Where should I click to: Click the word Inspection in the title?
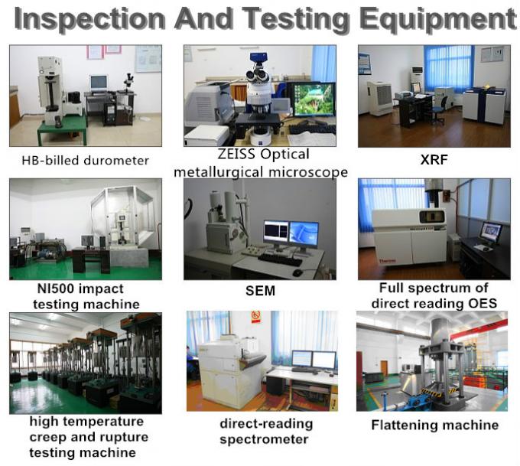point(90,19)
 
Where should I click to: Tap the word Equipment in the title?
point(437,19)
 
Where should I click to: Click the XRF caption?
point(434,160)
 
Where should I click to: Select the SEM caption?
point(260,291)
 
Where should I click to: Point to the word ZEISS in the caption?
point(236,154)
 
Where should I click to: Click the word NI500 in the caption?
point(56,288)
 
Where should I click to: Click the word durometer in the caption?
point(116,161)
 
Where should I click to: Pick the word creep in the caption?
point(48,438)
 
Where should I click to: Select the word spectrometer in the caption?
point(264,440)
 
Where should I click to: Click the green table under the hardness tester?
point(62,129)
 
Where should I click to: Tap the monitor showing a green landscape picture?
point(314,99)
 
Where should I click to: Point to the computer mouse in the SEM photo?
point(297,272)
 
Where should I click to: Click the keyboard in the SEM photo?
point(279,259)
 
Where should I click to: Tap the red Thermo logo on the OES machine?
point(388,261)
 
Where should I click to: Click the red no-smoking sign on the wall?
point(255,317)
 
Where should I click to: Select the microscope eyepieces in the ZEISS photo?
point(258,76)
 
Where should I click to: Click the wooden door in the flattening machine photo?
point(384,372)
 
